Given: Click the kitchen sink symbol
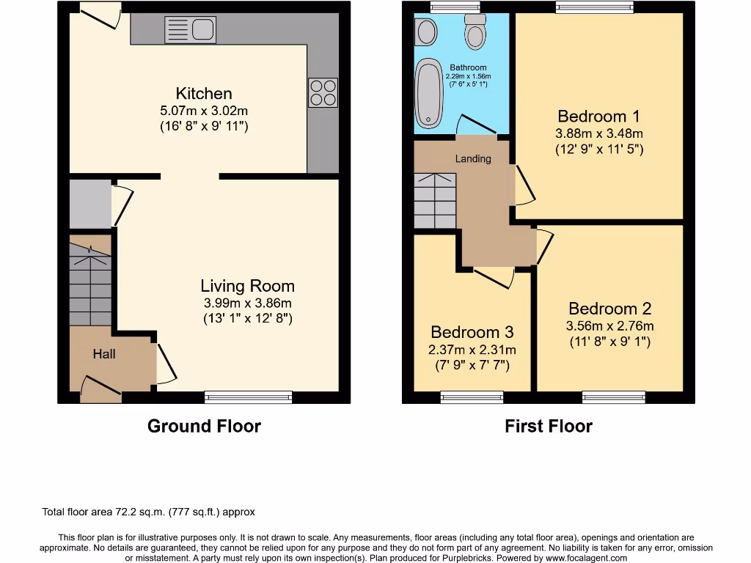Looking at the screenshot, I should pyautogui.click(x=190, y=30).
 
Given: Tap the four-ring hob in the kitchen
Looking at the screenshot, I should pyautogui.click(x=323, y=92).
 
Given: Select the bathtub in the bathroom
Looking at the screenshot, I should pyautogui.click(x=426, y=94).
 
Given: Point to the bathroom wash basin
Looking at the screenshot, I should pyautogui.click(x=425, y=32).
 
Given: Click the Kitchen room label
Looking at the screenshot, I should pyautogui.click(x=204, y=94).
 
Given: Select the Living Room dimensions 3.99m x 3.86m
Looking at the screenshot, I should pyautogui.click(x=248, y=303).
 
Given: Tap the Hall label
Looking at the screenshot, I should pyautogui.click(x=104, y=354).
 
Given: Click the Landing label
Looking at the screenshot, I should pyautogui.click(x=473, y=158).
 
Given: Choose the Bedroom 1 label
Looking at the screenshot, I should pyautogui.click(x=598, y=117).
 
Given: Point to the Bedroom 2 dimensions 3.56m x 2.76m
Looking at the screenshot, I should pyautogui.click(x=609, y=326).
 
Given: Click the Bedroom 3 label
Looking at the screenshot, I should pyautogui.click(x=472, y=333).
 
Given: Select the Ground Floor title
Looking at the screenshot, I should pyautogui.click(x=204, y=426).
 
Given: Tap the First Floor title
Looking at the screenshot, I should pyautogui.click(x=549, y=426).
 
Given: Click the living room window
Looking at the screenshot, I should pyautogui.click(x=248, y=398).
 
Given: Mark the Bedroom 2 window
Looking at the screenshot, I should pyautogui.click(x=614, y=398).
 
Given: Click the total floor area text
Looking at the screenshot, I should pyautogui.click(x=147, y=512).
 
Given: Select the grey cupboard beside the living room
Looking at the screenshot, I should pyautogui.click(x=89, y=203).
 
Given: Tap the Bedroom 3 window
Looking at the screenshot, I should pyautogui.click(x=472, y=398).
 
